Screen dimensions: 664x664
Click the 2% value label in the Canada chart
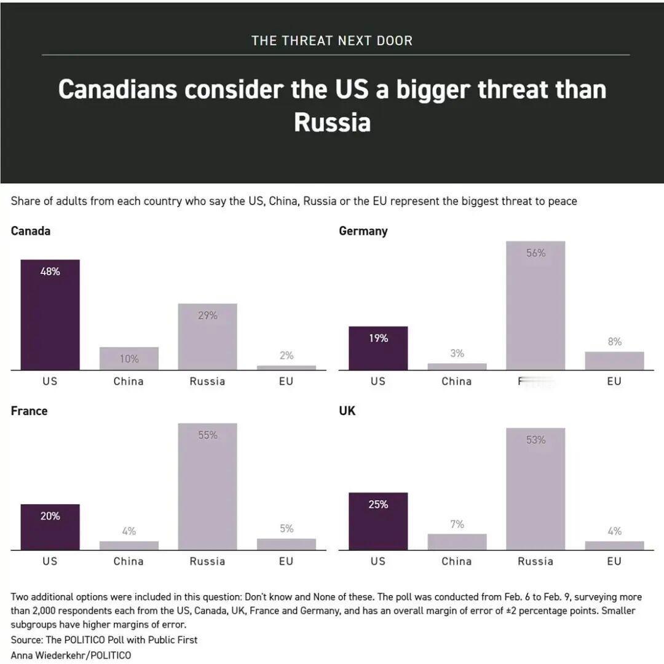pyautogui.click(x=287, y=356)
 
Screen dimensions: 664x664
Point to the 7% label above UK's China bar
pyautogui.click(x=457, y=524)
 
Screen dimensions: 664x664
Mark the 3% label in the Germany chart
pyautogui.click(x=457, y=353)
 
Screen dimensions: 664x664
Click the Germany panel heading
pyautogui.click(x=363, y=231)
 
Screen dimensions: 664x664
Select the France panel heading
pyautogui.click(x=29, y=411)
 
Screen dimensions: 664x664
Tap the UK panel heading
pyautogui.click(x=347, y=411)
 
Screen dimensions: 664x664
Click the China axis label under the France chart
pyautogui.click(x=128, y=561)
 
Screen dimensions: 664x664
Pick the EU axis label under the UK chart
pyautogui.click(x=614, y=561)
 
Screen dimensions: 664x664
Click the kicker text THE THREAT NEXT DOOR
pyautogui.click(x=332, y=41)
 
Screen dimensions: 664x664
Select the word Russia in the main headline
pyautogui.click(x=332, y=122)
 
